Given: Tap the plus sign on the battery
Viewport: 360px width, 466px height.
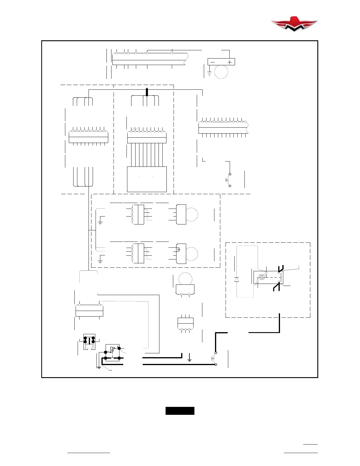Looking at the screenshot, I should tap(230, 62).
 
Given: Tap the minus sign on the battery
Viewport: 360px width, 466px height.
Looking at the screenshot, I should tap(212, 62).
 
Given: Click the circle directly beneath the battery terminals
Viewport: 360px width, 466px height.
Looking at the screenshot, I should tap(221, 71).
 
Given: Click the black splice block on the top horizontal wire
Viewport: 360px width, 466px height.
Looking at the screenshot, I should tap(147, 92).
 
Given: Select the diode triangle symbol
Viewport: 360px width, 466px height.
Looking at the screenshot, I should tap(236, 279).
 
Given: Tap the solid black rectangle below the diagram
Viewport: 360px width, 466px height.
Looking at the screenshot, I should tap(180, 411).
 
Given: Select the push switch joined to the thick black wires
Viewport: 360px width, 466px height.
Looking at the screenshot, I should tap(214, 358).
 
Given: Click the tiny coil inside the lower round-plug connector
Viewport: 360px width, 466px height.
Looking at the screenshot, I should tap(178, 250).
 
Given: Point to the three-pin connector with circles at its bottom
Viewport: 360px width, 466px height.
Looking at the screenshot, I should tap(186, 324).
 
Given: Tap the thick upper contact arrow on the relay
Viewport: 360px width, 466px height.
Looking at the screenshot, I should tap(280, 268).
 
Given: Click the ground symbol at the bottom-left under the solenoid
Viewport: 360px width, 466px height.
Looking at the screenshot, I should tap(99, 367).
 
